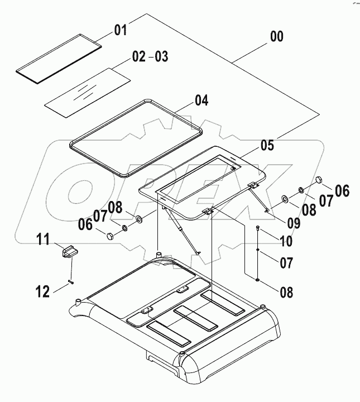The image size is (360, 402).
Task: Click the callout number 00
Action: click(x=276, y=37)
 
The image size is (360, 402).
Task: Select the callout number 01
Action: click(x=121, y=30)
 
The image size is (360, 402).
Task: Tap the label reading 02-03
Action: click(x=150, y=57)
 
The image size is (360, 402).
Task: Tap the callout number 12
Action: click(x=43, y=290)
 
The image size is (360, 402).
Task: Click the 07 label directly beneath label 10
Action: click(x=286, y=262)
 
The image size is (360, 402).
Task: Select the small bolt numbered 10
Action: click(x=257, y=228)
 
